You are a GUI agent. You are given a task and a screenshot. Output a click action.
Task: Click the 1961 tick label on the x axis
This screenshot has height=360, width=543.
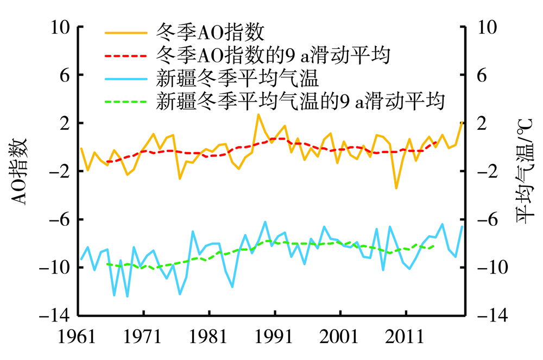click(x=77, y=337)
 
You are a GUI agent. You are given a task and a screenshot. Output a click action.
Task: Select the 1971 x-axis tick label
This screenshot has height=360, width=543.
click(x=142, y=337)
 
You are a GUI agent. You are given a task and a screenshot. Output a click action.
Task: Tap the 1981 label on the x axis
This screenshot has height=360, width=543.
click(x=208, y=337)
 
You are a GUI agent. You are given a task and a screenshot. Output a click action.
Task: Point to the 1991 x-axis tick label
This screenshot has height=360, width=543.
click(x=274, y=337)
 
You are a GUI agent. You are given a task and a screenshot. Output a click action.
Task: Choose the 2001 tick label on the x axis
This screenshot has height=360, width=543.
click(x=339, y=337)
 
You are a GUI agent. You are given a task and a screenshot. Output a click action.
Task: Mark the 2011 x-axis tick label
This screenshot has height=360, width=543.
click(x=405, y=337)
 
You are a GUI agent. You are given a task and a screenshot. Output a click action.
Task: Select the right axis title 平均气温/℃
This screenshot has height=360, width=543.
click(x=525, y=171)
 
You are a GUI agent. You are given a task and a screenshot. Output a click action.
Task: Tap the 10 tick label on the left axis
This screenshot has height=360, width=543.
click(x=60, y=27)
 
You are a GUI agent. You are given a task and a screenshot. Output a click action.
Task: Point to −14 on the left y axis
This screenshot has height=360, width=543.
click(x=55, y=315)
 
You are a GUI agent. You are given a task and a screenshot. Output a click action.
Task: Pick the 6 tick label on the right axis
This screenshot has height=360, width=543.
click(x=482, y=75)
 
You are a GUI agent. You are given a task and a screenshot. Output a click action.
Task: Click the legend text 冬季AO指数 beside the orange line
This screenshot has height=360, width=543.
click(x=210, y=32)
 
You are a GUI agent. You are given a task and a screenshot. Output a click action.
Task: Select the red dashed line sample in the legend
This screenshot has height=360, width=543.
click(x=126, y=55)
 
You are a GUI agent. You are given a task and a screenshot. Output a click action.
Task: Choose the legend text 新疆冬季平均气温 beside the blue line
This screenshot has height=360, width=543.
click(x=237, y=78)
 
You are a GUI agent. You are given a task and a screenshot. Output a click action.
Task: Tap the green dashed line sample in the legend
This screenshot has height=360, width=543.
click(x=126, y=102)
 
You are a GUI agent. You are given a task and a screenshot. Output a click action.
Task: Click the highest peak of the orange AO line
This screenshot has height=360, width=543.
click(x=258, y=114)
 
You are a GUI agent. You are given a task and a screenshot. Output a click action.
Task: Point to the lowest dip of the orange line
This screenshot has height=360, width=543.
click(x=396, y=188)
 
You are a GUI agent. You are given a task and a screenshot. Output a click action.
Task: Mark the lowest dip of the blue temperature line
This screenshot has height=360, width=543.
click(x=128, y=296)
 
